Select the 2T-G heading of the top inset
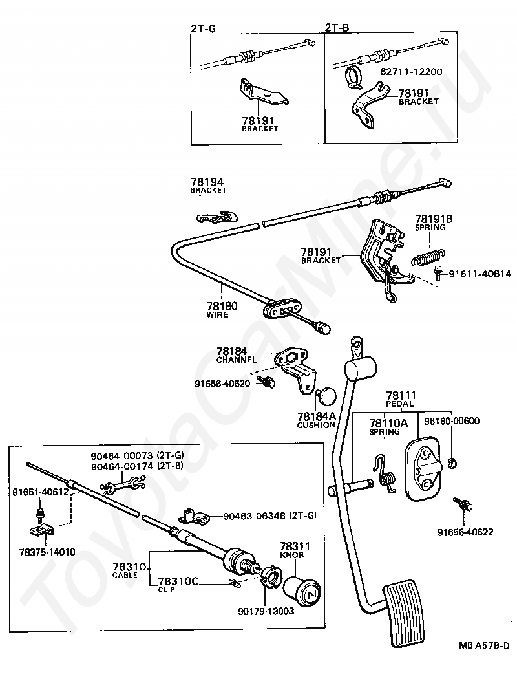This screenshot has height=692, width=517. tap(204, 28)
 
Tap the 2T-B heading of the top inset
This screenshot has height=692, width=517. tap(337, 28)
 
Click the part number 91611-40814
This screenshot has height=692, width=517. tap(479, 274)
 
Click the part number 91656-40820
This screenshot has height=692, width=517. tap(222, 383)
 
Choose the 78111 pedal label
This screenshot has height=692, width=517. tap(401, 395)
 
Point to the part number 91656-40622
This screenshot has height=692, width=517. tap(465, 532)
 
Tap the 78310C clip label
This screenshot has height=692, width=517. tap(178, 581)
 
